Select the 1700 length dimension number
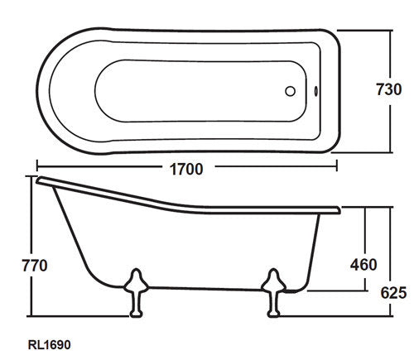185,167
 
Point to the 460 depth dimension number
363,265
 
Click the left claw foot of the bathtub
132,295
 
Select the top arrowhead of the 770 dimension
34,178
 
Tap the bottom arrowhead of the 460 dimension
363,290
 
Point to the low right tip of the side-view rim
339,209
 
